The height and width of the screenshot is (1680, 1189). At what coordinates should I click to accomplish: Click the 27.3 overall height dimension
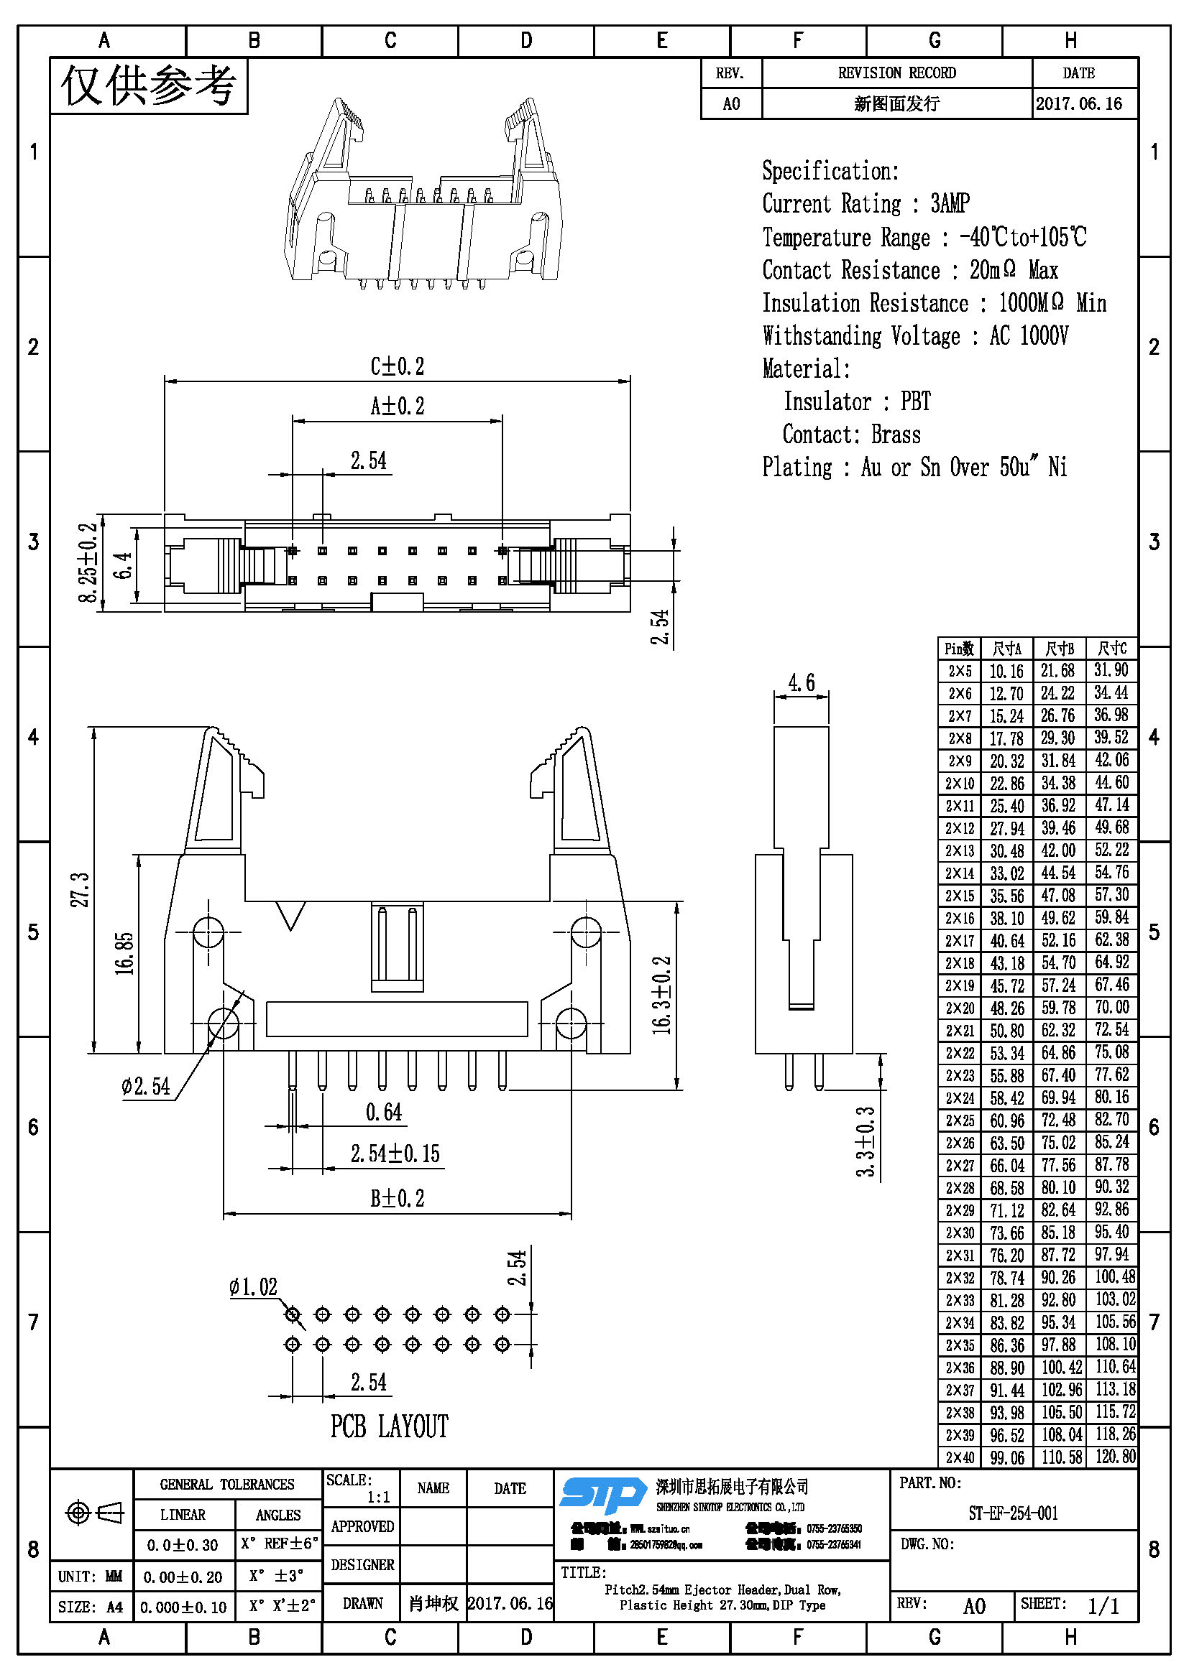point(80,889)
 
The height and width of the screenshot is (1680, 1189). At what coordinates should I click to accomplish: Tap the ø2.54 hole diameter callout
point(146,1087)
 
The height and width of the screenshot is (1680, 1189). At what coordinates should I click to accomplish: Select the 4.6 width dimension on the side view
point(801,682)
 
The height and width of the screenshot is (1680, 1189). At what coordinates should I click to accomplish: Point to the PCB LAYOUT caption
point(389,1426)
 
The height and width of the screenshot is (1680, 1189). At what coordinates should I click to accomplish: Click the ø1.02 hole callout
point(253,1286)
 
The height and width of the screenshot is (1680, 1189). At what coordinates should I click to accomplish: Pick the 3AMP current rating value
point(950,203)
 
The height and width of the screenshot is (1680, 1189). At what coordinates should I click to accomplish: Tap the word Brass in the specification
point(896,435)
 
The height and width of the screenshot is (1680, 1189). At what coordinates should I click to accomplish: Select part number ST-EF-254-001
point(1014,1513)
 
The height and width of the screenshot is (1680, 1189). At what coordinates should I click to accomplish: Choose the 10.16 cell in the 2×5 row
point(1006,671)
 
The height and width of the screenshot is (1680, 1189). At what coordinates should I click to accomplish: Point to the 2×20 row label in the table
point(959,1008)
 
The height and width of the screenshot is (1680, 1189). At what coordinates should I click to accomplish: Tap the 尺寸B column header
point(1059,649)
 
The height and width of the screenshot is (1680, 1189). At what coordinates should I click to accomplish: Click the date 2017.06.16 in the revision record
point(1078,104)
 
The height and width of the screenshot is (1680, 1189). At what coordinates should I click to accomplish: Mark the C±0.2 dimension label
point(397,366)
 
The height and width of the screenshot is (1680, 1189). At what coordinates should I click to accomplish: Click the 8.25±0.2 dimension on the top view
point(88,562)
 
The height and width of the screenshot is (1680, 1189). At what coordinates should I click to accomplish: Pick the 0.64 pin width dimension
point(384,1113)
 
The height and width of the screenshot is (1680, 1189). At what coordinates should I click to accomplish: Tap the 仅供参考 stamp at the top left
point(149,85)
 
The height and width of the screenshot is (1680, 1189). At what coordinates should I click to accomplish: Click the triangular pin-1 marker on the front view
point(290,915)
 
